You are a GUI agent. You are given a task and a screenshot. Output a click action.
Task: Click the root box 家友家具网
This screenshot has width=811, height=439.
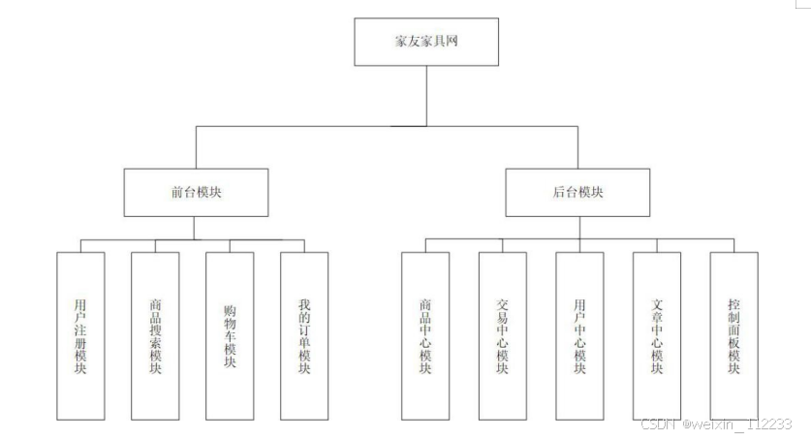(427, 44)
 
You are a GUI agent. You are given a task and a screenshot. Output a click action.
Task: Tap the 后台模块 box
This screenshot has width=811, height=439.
(577, 192)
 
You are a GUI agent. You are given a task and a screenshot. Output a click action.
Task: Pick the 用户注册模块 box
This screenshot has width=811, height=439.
(80, 335)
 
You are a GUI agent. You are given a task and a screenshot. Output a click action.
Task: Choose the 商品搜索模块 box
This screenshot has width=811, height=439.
(155, 335)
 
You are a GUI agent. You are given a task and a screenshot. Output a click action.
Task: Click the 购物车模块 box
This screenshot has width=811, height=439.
(230, 335)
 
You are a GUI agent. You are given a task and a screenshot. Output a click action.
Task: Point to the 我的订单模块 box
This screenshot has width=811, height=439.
(304, 335)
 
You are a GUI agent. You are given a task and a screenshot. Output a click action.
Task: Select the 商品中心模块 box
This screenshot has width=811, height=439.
(425, 335)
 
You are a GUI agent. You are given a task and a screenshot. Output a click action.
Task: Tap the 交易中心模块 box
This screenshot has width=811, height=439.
(502, 335)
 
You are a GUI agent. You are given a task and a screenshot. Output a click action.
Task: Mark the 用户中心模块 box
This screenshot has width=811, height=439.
(579, 335)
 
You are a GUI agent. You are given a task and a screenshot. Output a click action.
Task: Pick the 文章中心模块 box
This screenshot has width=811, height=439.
(657, 335)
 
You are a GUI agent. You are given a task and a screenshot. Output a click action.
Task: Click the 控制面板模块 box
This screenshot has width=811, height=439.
(733, 335)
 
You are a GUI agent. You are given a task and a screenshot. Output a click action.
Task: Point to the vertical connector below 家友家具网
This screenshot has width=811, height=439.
(427, 97)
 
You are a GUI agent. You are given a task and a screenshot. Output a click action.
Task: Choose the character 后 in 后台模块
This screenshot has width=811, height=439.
(546, 193)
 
